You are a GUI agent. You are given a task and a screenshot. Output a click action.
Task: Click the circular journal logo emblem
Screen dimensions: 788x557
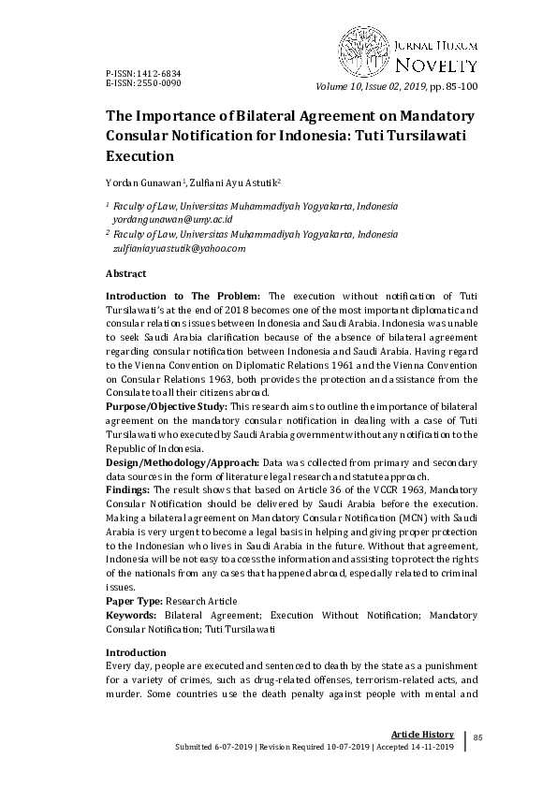pos(364,50)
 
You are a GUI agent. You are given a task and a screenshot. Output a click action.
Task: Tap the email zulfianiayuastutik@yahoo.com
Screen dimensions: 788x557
pos(179,248)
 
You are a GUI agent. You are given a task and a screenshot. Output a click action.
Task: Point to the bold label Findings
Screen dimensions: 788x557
pos(128,489)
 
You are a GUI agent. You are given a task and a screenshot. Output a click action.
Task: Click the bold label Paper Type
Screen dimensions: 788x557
pos(134,600)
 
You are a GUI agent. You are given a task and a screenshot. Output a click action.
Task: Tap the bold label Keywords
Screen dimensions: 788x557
pos(131,616)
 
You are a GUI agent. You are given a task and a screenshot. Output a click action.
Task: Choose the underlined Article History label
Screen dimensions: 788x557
pos(422,734)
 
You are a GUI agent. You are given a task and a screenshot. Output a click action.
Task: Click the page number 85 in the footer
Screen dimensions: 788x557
pos(477,738)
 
